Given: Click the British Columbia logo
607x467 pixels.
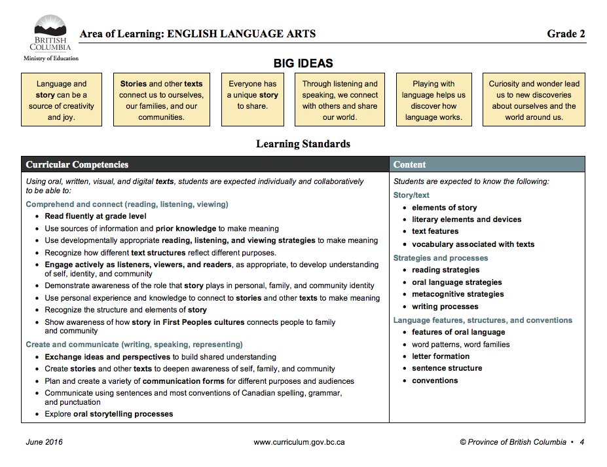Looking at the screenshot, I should [50, 33].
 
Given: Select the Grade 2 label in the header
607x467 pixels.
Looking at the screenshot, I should [566, 34].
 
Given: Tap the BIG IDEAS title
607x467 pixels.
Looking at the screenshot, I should [303, 64].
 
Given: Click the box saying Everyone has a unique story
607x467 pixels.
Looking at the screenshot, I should [253, 100].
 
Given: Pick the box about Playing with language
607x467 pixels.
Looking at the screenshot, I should [433, 100].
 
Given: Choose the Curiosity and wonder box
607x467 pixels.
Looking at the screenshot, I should [534, 100].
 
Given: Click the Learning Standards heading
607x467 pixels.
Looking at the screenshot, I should [303, 144].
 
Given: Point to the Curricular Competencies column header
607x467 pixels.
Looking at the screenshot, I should [77, 164].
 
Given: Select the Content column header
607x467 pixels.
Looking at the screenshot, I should [410, 164].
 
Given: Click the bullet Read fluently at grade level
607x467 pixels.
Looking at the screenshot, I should [96, 216].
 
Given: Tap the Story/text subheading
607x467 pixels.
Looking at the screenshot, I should [411, 195].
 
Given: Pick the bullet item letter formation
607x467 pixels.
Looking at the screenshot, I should [441, 356].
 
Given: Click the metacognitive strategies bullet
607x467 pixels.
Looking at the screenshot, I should [458, 294].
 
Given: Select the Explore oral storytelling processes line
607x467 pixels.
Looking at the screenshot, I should [109, 414].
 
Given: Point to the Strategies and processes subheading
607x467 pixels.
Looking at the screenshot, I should [441, 258].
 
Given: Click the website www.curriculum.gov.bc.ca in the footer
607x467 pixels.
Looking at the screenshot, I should [299, 442].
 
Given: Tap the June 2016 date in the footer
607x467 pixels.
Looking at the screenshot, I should [44, 442].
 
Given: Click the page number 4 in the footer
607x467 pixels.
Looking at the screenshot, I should [581, 442].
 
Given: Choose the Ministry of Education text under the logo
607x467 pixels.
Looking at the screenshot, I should [51, 58].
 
